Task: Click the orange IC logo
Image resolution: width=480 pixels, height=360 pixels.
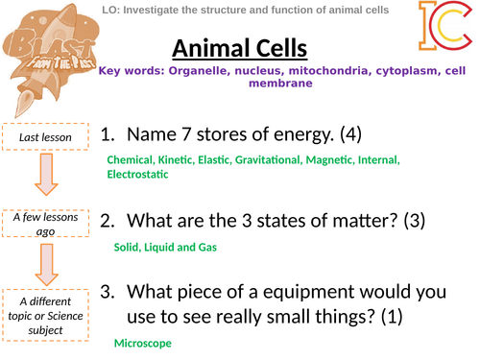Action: [444, 27]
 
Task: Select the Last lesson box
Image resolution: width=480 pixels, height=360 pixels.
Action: [45, 138]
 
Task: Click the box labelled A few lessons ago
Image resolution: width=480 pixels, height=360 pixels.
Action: [45, 223]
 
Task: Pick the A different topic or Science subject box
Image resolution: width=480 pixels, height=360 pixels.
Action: [45, 312]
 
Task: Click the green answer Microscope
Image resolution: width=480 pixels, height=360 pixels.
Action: [144, 343]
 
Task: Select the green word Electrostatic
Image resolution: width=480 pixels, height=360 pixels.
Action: [137, 174]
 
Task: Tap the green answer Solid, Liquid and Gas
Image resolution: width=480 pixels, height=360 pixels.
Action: [165, 248]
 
